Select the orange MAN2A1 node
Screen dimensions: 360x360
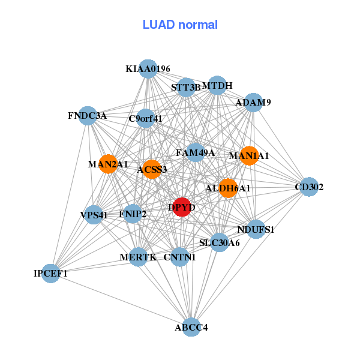coord(108,164)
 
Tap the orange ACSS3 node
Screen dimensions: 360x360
coord(152,169)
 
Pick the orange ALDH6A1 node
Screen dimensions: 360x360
coord(228,188)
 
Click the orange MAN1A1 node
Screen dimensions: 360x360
coord(248,155)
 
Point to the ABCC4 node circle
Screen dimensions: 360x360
coord(191,327)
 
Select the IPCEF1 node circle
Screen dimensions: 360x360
coord(51,274)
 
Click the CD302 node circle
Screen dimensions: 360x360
coord(308,187)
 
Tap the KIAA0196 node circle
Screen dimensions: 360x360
coord(148,69)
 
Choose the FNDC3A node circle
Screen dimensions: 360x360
coord(88,116)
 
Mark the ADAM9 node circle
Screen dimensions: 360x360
coord(254,103)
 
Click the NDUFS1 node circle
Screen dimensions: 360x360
coord(256,229)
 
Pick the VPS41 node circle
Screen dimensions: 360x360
coord(94,215)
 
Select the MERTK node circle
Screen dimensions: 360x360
coord(138,257)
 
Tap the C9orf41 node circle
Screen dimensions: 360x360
coord(146,118)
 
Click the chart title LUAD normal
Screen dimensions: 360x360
coord(180,25)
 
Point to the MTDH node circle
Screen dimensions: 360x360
coord(217,86)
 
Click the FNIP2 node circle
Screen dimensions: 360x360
coord(133,213)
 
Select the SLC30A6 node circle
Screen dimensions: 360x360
coord(220,242)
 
